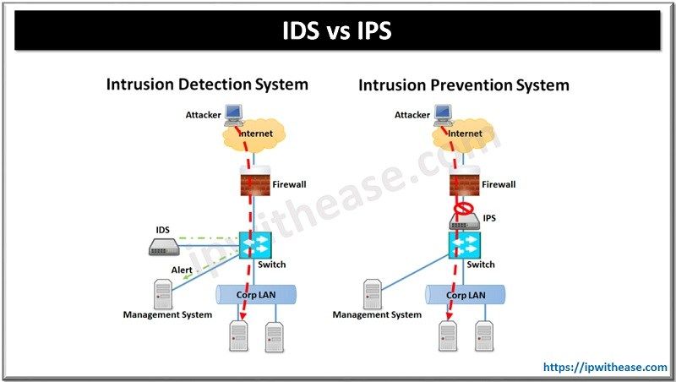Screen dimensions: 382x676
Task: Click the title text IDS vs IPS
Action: pos(337,31)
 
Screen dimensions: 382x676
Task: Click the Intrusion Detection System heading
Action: pos(206,85)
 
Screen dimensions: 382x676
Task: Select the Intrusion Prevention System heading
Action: pos(463,85)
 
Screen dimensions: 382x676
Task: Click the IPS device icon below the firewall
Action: pos(462,221)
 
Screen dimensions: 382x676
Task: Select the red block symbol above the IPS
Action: pos(462,206)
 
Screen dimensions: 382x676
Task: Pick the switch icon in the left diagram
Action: pos(253,245)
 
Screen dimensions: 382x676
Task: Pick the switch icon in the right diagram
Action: pos(463,246)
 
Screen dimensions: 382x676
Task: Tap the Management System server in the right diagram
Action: pos(372,292)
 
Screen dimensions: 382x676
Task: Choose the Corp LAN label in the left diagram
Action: pos(256,296)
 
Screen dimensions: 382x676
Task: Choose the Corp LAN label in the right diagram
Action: pos(466,296)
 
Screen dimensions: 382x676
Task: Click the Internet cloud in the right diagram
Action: pos(463,133)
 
